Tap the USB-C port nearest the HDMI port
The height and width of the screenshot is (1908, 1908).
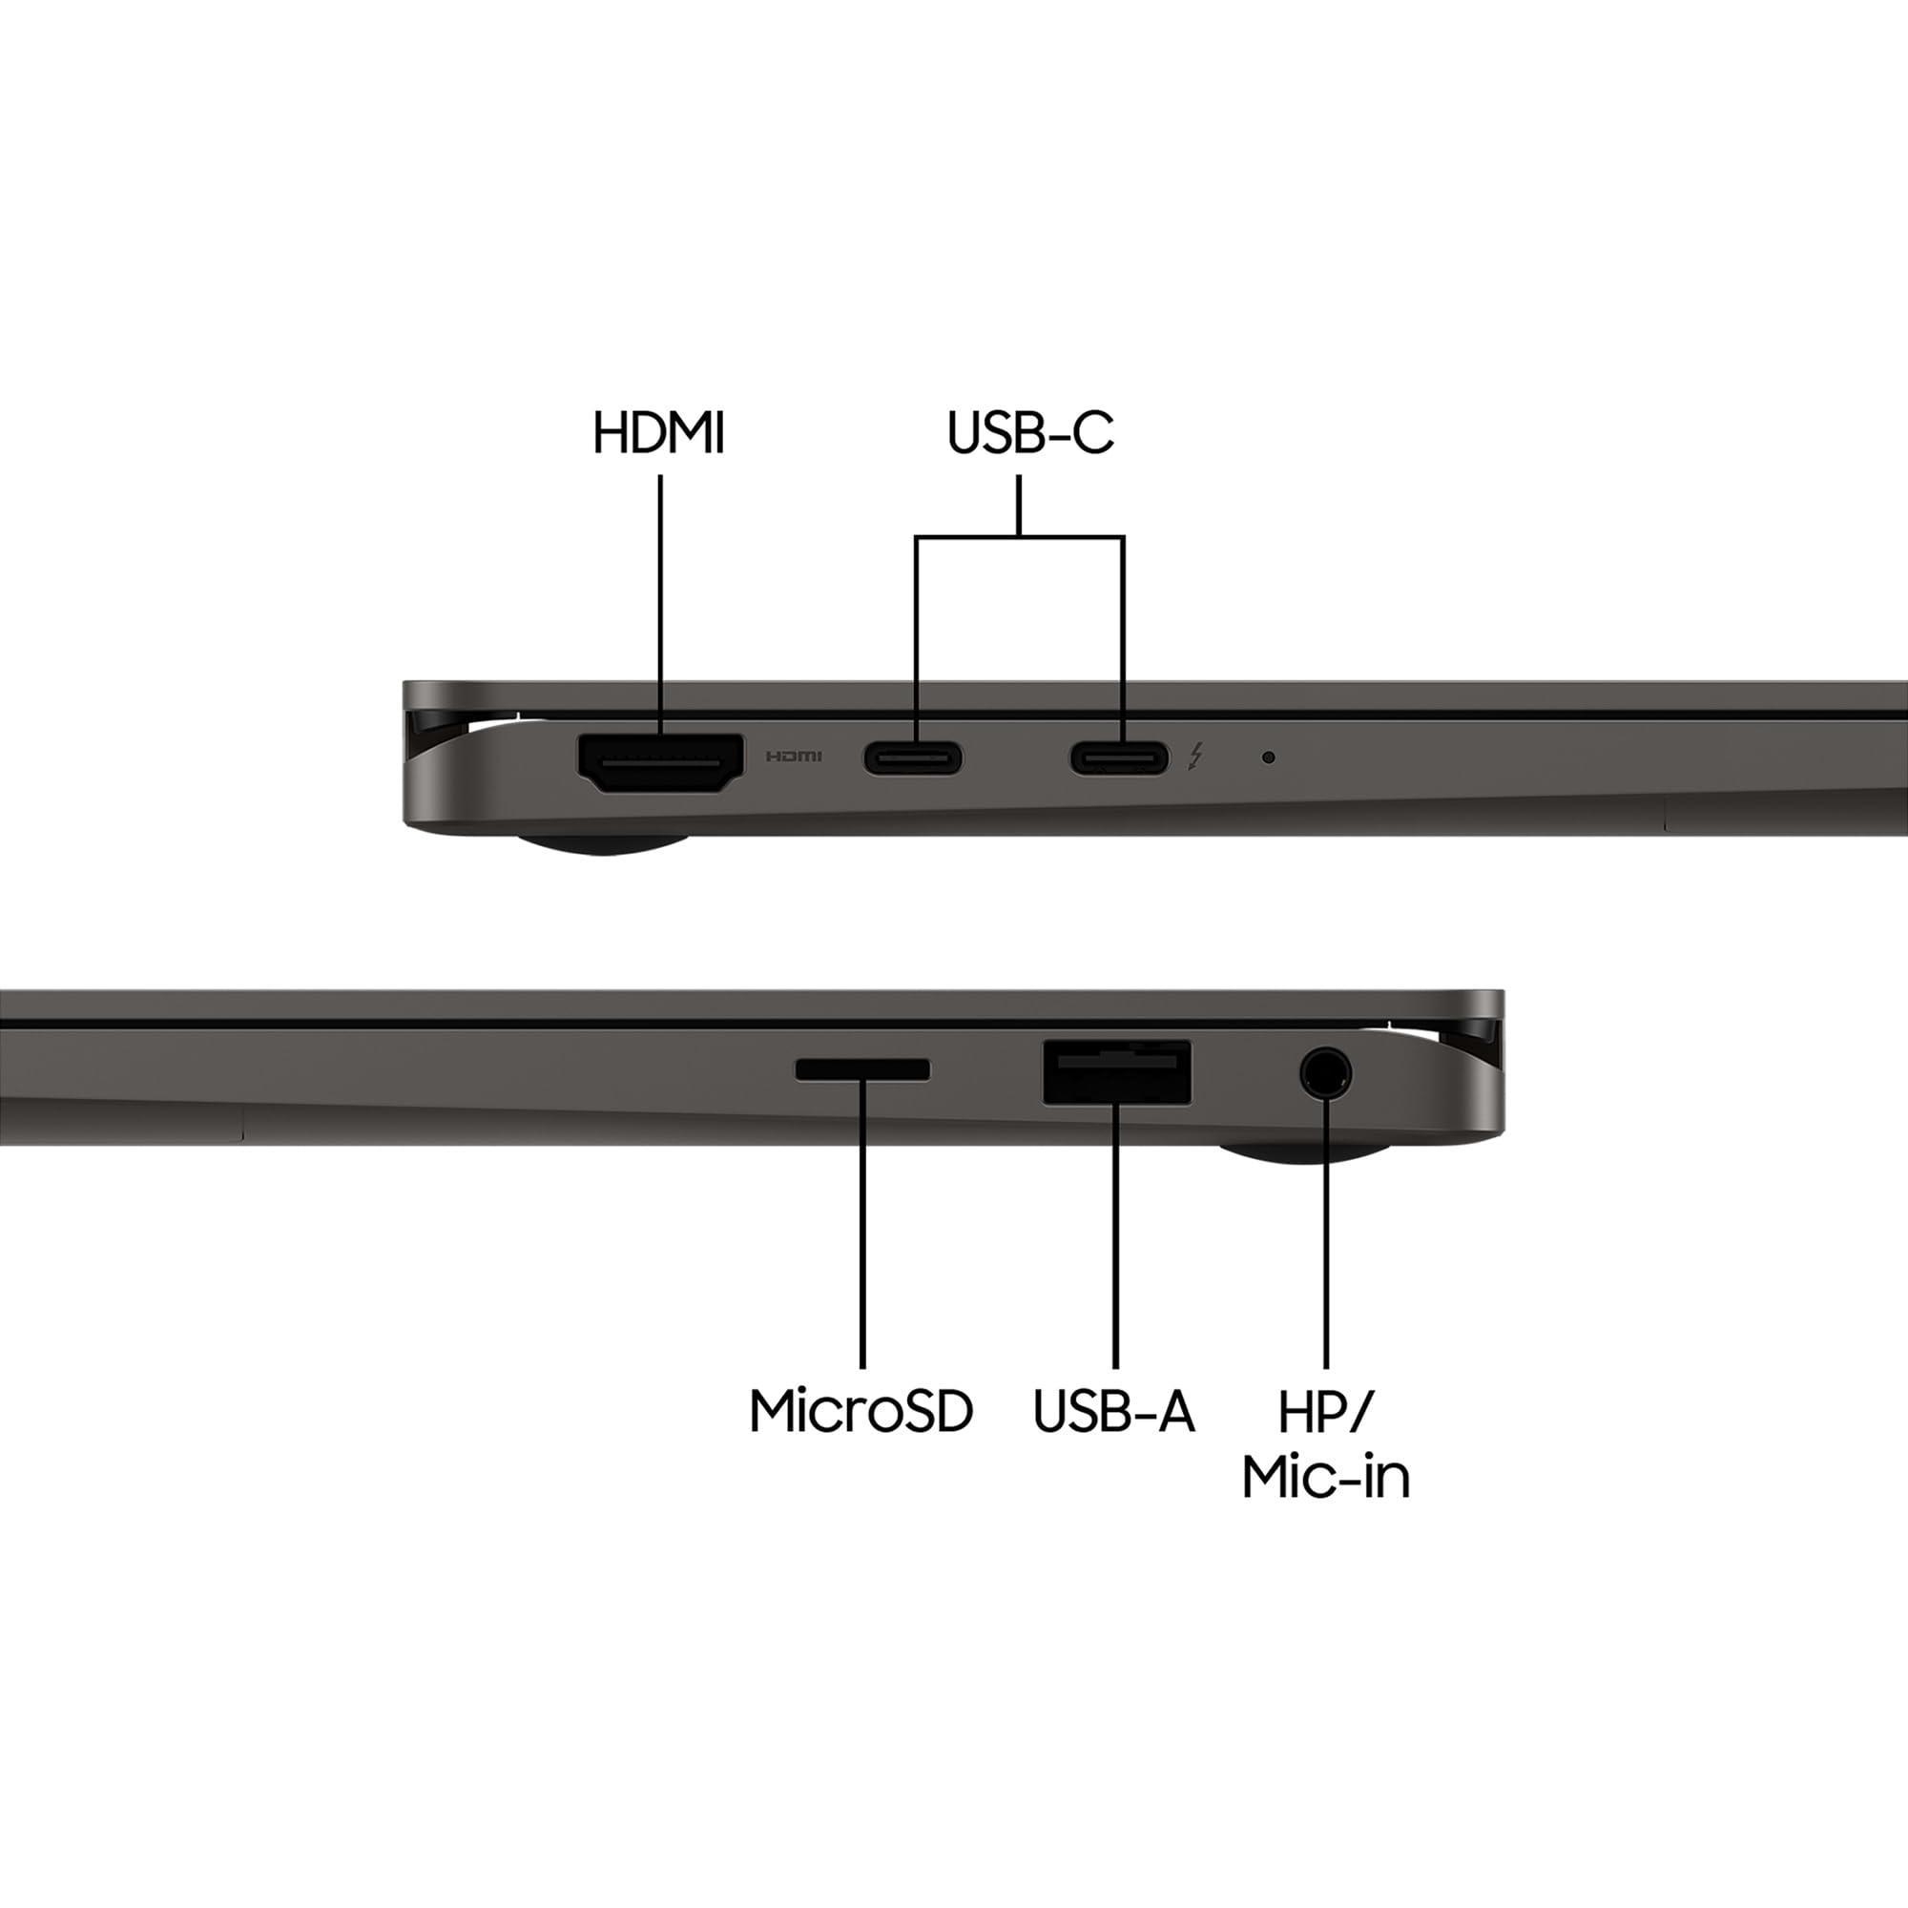[x=913, y=758]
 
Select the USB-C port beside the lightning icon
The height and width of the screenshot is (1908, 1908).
[x=1119, y=758]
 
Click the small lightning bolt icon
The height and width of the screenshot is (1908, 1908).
[x=1196, y=757]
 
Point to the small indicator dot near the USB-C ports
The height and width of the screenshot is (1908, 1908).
[x=1268, y=757]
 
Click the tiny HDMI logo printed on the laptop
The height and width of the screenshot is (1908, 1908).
[x=794, y=757]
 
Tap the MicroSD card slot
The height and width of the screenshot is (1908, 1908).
[x=862, y=1068]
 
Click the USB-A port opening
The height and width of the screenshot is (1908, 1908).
[x=1117, y=1071]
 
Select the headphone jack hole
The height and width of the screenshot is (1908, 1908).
[x=1324, y=1072]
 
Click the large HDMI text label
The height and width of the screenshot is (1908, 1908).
[x=658, y=432]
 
